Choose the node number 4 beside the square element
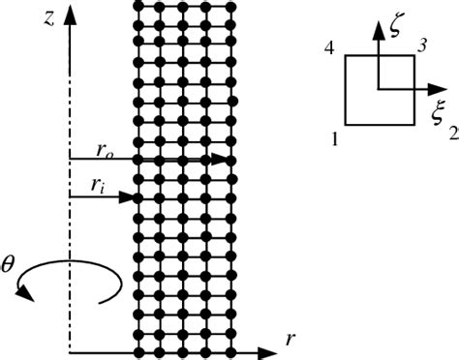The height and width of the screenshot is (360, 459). (x=330, y=48)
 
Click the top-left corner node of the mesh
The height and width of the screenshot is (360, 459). (x=138, y=6)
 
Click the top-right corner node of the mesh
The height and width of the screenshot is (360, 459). (x=232, y=6)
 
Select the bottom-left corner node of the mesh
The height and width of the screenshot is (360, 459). (x=138, y=349)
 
